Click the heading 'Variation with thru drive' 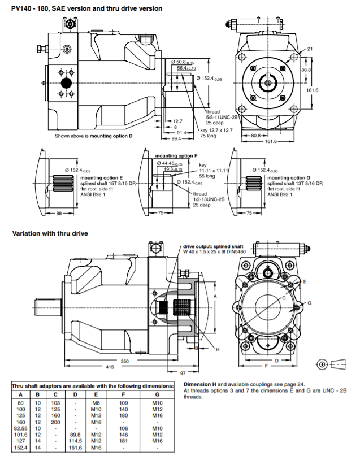click(x=50, y=232)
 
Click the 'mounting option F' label click(x=176, y=155)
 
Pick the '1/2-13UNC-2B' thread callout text click(x=210, y=199)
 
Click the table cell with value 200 click(x=57, y=422)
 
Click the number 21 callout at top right click(x=310, y=49)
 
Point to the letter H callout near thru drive click(x=217, y=350)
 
